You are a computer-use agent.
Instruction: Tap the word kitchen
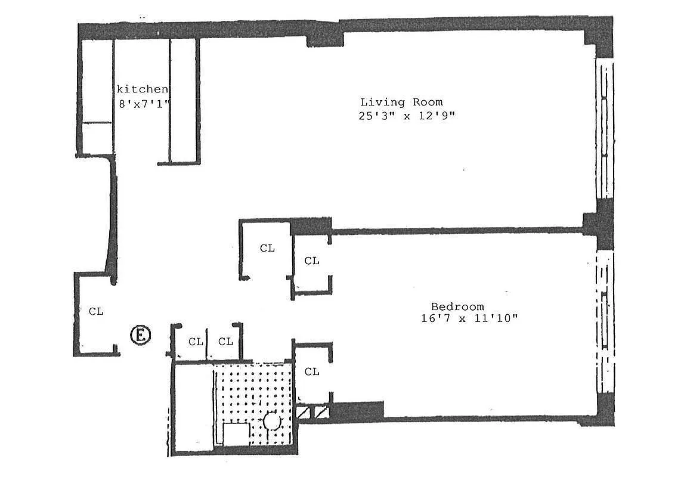click(x=142, y=89)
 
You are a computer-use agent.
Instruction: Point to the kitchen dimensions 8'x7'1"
click(x=145, y=102)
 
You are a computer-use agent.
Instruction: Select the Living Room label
click(x=401, y=102)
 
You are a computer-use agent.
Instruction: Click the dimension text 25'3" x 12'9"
click(x=406, y=116)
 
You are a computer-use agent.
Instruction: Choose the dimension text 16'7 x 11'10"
click(x=469, y=318)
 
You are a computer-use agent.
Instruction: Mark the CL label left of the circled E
click(x=96, y=311)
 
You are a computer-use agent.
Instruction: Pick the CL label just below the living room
click(x=267, y=248)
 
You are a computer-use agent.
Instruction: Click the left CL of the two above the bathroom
click(x=196, y=342)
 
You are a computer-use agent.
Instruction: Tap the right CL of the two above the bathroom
click(x=225, y=342)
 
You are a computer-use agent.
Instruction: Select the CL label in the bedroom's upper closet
click(x=311, y=261)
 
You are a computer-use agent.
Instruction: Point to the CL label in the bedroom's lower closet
click(x=311, y=372)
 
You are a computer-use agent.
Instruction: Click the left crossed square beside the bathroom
click(x=303, y=411)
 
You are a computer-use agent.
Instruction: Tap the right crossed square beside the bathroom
click(x=321, y=411)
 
